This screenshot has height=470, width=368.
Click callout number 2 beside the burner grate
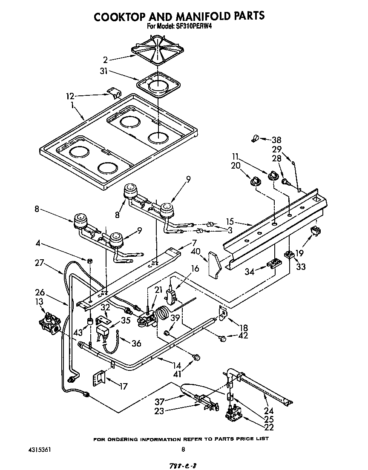105,60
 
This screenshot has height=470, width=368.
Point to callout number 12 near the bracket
71,96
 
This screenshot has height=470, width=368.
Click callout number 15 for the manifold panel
230,221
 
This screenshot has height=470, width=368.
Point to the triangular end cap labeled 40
214,264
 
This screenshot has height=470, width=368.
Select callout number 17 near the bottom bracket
124,387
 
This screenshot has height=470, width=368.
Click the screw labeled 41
196,358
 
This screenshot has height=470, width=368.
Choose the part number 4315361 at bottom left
41,449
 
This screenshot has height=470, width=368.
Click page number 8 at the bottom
184,449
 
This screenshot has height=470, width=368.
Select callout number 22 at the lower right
269,427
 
